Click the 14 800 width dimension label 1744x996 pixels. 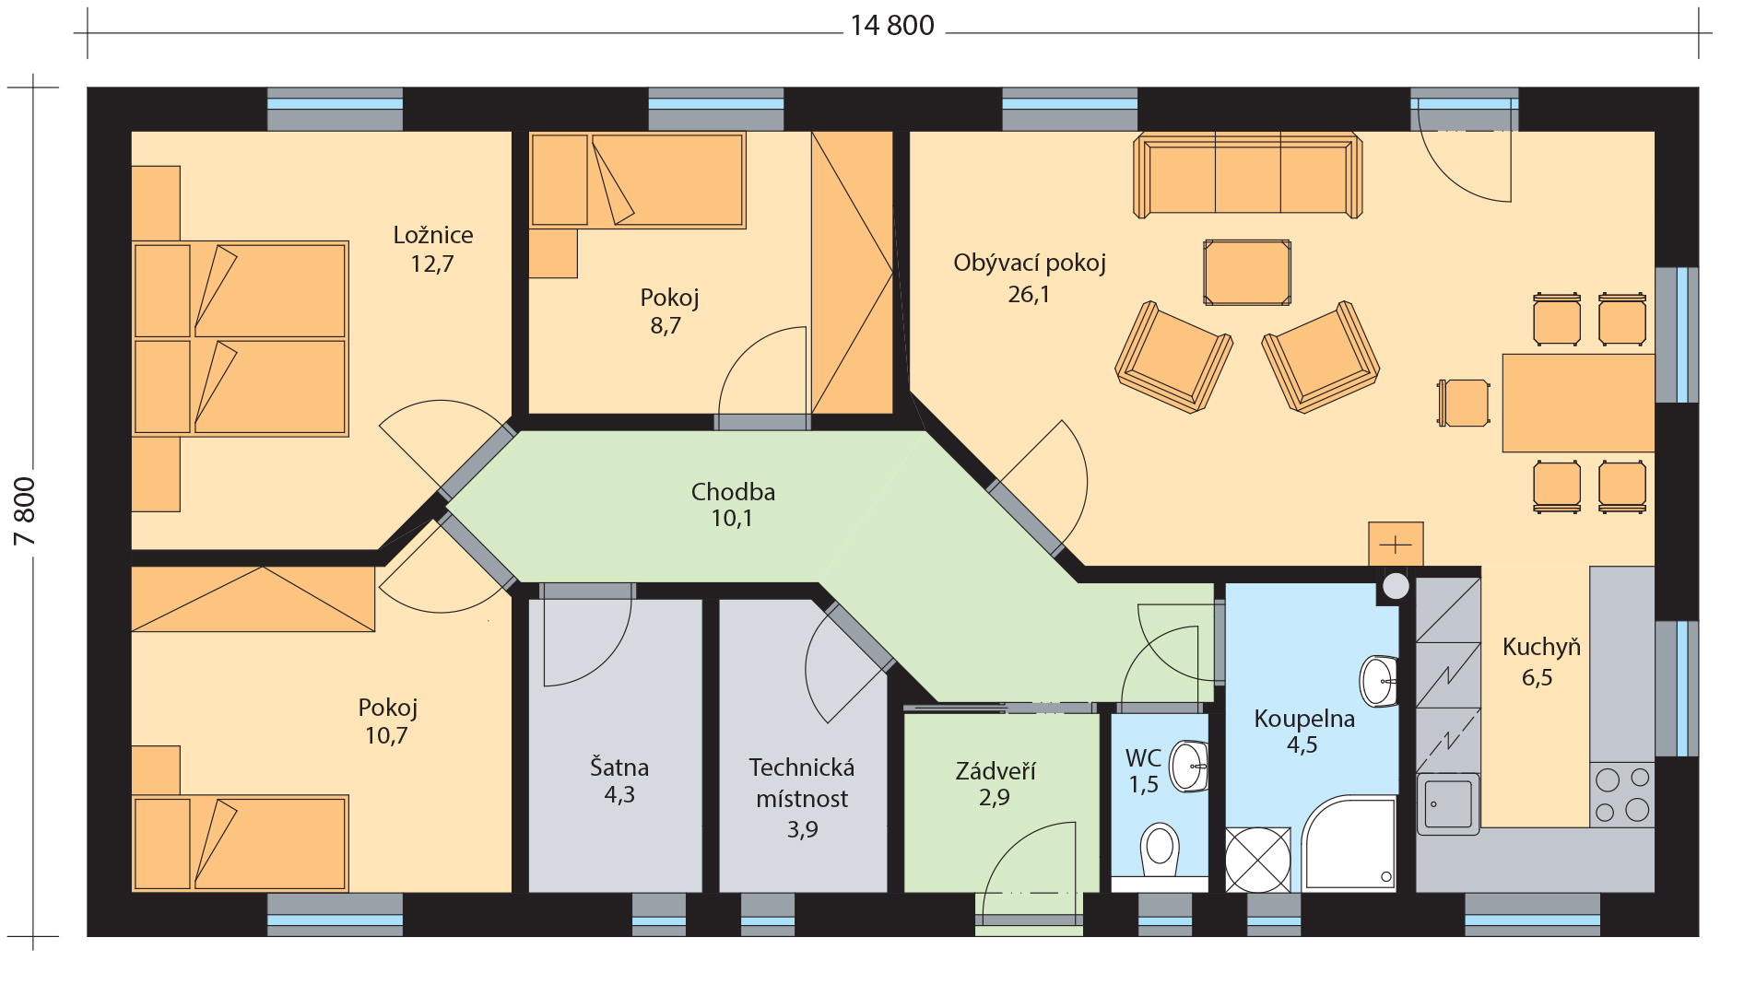(x=891, y=26)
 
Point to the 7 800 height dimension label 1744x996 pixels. (x=25, y=511)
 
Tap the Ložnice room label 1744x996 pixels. (x=433, y=235)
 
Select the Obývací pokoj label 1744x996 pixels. (x=1030, y=264)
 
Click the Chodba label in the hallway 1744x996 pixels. (x=733, y=491)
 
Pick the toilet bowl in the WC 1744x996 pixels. (x=1160, y=849)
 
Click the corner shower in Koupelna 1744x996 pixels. (x=1349, y=843)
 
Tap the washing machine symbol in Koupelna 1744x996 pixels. (x=1257, y=860)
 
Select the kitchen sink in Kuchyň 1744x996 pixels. (x=1448, y=803)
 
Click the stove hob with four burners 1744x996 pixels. (x=1622, y=794)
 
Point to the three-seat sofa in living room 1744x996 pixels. (x=1247, y=175)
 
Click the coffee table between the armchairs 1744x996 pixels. (x=1247, y=273)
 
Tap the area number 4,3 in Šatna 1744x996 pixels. (x=619, y=794)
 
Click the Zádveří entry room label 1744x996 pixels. (x=996, y=770)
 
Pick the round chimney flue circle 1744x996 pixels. (x=1396, y=586)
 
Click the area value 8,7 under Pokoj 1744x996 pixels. (x=666, y=325)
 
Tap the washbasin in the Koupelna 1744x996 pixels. (x=1379, y=681)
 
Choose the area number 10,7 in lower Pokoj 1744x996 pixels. (x=386, y=735)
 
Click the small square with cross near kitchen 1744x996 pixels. (x=1396, y=545)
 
